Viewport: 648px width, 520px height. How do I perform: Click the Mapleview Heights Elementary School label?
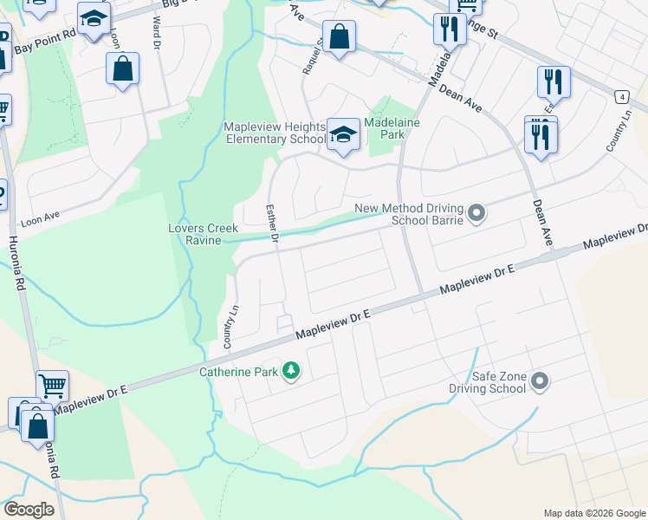275,133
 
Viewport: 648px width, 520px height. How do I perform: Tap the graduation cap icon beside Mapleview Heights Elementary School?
343,135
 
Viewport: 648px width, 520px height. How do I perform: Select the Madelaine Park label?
398,129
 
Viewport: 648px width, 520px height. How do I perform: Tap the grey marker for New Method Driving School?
476,212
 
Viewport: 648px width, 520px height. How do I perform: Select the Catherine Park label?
239,373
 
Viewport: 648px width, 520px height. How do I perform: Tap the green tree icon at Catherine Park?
292,372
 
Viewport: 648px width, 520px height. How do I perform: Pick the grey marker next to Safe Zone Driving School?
541,380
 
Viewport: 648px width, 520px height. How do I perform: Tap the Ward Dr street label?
157,30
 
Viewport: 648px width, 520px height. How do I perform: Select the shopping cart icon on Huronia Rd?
52,384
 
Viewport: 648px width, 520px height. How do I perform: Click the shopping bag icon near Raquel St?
340,37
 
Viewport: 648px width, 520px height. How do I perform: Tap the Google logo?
29,510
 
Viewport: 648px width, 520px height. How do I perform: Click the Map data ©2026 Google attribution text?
593,513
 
